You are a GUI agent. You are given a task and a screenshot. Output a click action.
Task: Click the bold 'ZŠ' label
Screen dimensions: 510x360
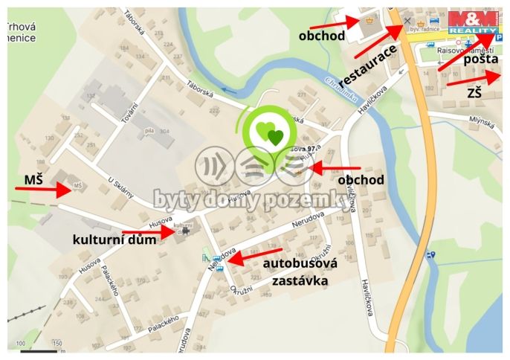(474, 92)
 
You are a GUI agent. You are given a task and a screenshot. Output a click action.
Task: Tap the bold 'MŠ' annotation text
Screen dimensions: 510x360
(33, 179)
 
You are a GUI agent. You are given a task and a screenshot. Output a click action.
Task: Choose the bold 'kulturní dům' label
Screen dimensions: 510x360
(114, 240)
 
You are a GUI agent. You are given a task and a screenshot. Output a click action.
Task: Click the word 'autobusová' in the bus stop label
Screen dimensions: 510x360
(301, 263)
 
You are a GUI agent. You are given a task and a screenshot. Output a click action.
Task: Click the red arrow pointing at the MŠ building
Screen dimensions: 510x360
(45, 190)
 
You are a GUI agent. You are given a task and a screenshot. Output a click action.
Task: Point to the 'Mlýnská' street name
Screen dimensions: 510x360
(481, 120)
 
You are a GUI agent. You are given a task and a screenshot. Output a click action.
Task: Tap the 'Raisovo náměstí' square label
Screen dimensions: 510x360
(462, 51)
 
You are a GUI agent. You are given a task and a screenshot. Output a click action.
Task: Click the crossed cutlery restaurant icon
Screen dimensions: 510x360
(407, 20)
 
